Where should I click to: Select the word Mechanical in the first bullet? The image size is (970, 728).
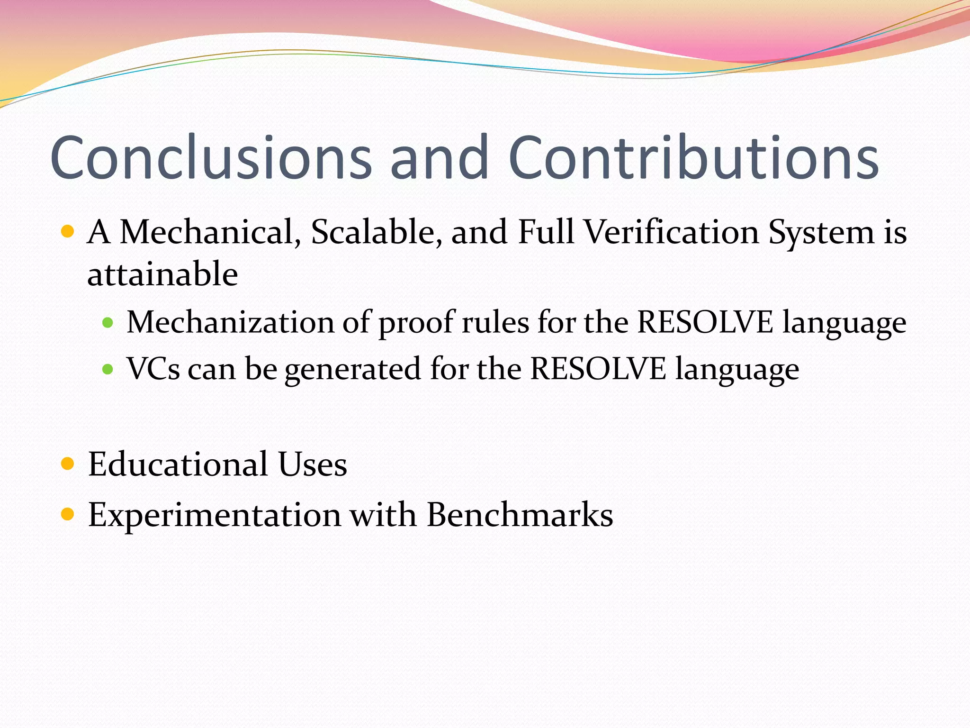pos(210,232)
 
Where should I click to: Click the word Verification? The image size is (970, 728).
pos(671,232)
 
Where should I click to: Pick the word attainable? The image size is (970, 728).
pos(162,275)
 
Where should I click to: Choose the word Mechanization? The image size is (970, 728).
pos(230,322)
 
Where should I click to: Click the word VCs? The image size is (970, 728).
pos(153,369)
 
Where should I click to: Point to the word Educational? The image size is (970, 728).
pos(178,464)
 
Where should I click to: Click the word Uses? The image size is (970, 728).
pos(313,464)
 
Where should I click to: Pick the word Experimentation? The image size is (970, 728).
pos(214,515)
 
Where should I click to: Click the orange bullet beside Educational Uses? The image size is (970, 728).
pos(68,464)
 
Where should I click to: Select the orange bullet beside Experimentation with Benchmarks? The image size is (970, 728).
pos(68,514)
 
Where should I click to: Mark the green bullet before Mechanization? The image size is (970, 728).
pos(108,323)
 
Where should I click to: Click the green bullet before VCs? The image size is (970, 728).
pos(108,369)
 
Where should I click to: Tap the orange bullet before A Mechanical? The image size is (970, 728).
pos(68,232)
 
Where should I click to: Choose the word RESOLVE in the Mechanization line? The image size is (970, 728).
pos(705,322)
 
